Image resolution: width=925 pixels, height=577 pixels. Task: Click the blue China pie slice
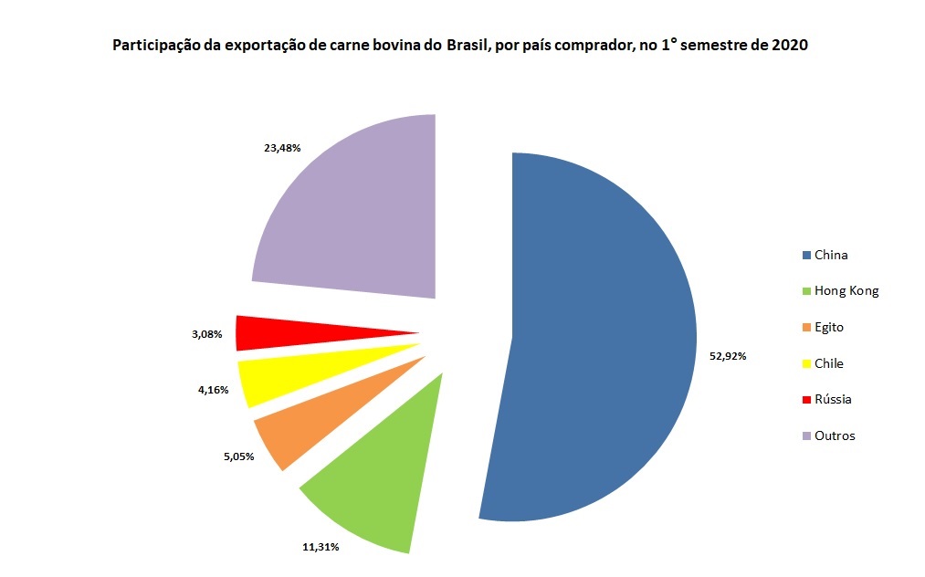(603, 338)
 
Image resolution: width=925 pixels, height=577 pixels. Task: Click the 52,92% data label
(728, 356)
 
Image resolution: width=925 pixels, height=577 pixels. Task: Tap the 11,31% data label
(321, 547)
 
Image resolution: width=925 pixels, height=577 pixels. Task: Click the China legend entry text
(831, 256)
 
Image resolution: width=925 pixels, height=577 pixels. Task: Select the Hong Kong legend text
(846, 291)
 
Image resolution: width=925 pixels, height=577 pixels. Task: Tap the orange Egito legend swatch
(806, 328)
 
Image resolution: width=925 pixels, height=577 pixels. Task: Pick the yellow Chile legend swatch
(806, 364)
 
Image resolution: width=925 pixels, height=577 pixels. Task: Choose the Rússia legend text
(833, 400)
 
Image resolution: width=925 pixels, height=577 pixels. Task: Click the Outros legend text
(835, 436)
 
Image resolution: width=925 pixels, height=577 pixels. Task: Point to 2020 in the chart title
(791, 45)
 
